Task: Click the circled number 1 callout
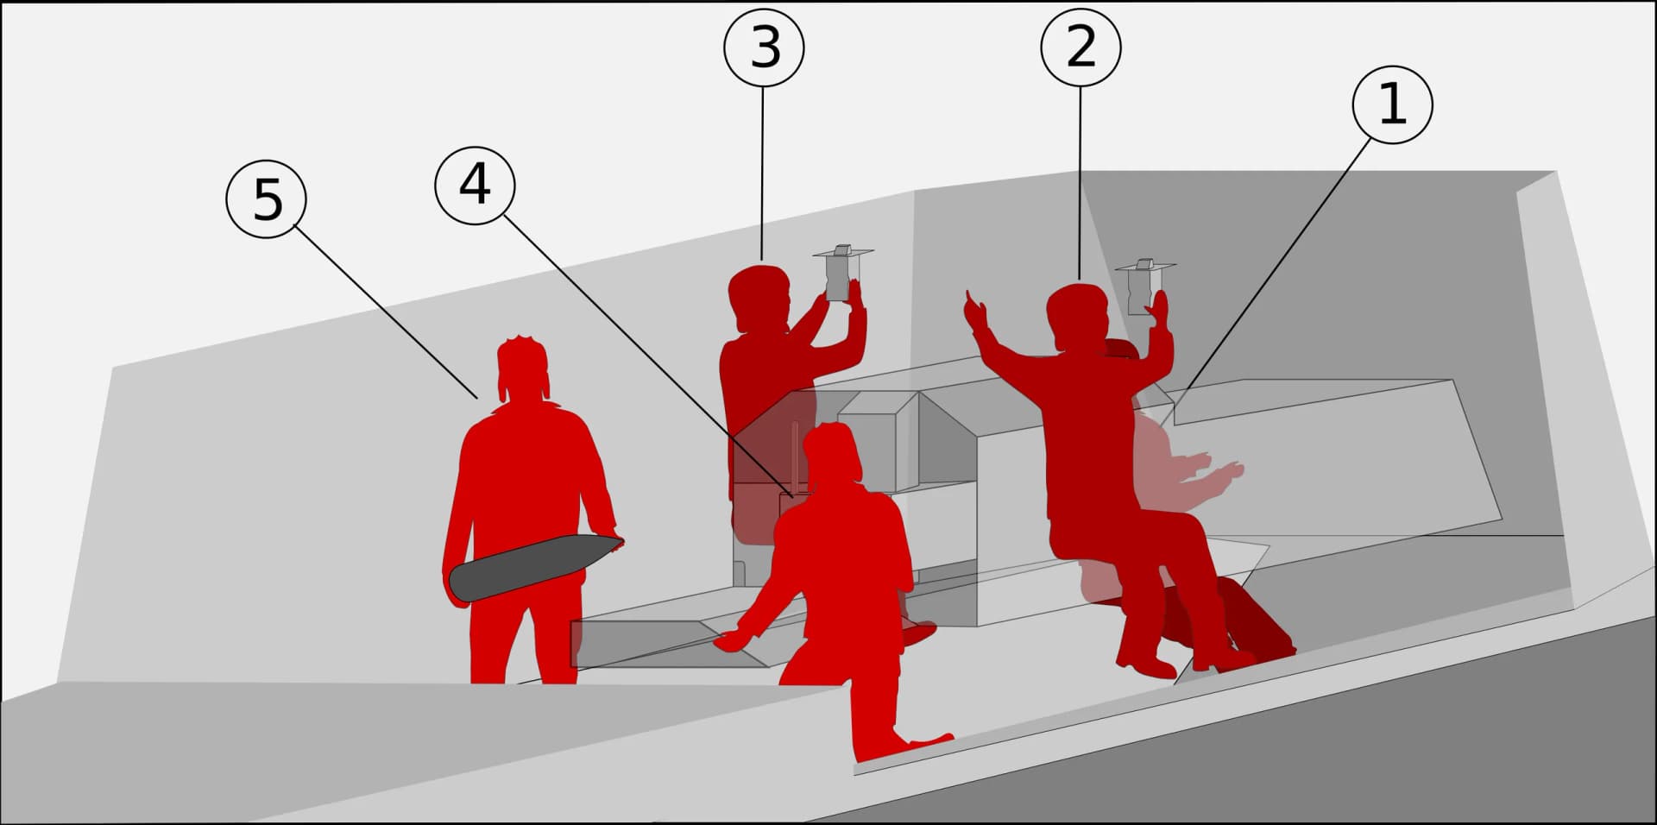click(x=1392, y=104)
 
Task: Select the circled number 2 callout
click(x=1081, y=47)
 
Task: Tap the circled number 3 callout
click(x=764, y=47)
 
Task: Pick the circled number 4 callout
click(x=475, y=185)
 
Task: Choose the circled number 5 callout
click(x=267, y=199)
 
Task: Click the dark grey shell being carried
click(x=535, y=566)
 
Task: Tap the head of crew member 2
click(x=1077, y=317)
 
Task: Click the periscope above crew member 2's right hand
click(x=1145, y=285)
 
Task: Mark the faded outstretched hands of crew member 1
click(x=1213, y=473)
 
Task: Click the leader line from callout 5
click(x=386, y=312)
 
